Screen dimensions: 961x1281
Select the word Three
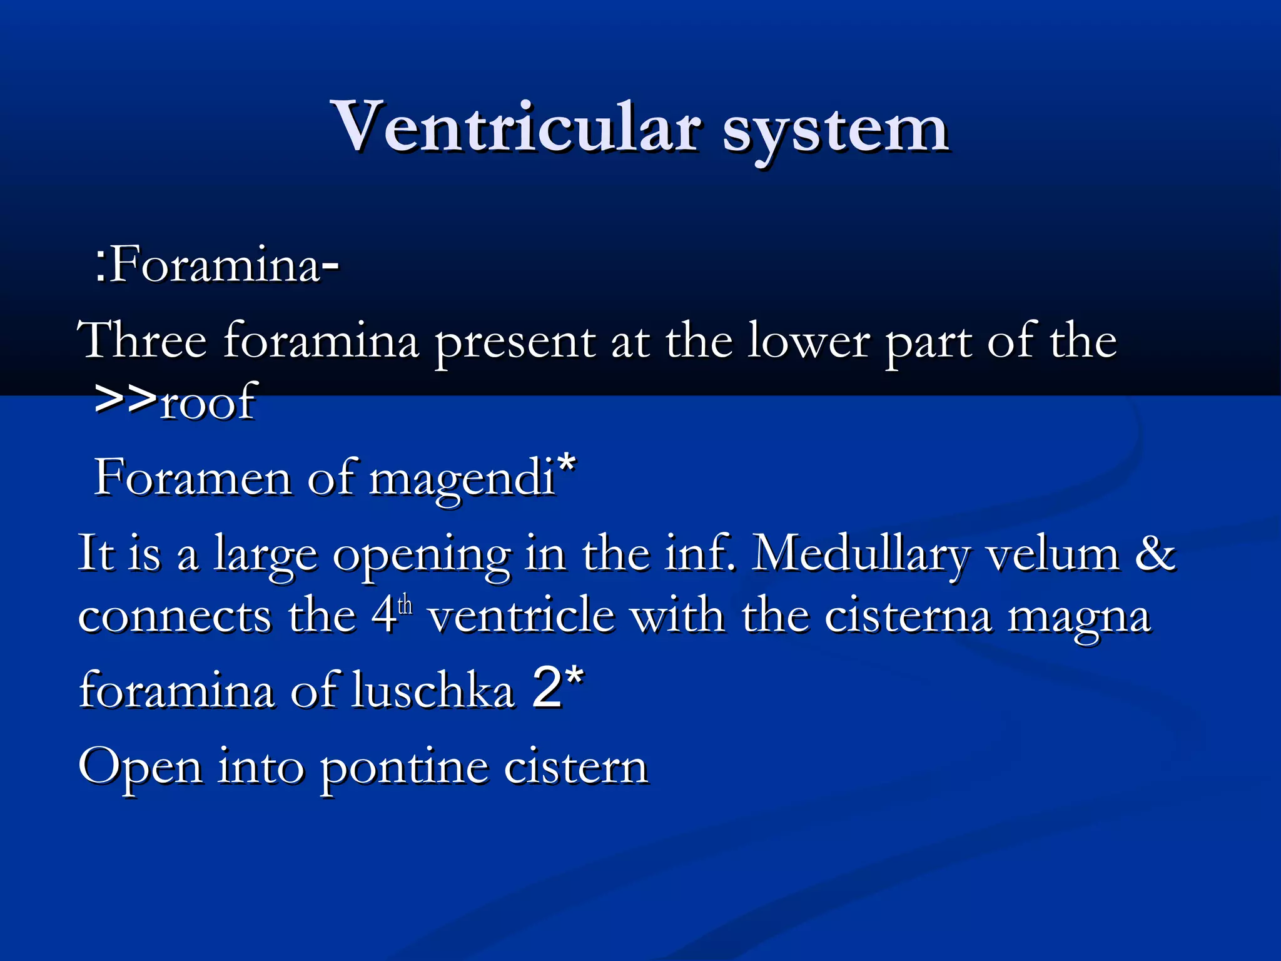143,341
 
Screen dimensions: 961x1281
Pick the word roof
208,401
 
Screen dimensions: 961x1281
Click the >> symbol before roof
125,399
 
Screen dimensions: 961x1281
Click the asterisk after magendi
567,464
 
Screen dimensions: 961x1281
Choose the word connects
175,617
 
